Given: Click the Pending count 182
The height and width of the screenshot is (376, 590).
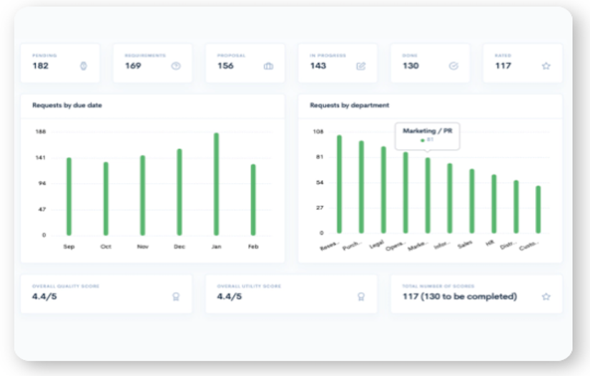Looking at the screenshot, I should pyautogui.click(x=40, y=66).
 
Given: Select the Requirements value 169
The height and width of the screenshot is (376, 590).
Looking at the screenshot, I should pyautogui.click(x=133, y=66).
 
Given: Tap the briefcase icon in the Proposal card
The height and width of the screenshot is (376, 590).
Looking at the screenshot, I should pyautogui.click(x=268, y=66).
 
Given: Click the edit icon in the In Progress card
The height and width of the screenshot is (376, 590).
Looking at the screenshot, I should pyautogui.click(x=361, y=66).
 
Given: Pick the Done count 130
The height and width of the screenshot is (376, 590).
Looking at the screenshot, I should pyautogui.click(x=410, y=66).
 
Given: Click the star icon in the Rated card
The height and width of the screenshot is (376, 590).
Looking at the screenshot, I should pyautogui.click(x=546, y=66).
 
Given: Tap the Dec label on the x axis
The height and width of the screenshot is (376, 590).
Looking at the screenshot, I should pyautogui.click(x=179, y=246).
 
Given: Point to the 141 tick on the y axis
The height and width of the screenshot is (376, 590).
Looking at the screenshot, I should pyautogui.click(x=41, y=158).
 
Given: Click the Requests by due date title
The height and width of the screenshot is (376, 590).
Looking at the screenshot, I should pyautogui.click(x=67, y=105).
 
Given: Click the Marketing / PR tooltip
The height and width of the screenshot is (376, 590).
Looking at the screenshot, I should pyautogui.click(x=428, y=135).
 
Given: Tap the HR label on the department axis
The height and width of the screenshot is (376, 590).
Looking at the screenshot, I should pyautogui.click(x=491, y=244).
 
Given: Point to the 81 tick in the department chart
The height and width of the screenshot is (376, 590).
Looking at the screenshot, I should pyautogui.click(x=319, y=157).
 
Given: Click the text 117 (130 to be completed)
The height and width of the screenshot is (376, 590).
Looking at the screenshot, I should pyautogui.click(x=459, y=297).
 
